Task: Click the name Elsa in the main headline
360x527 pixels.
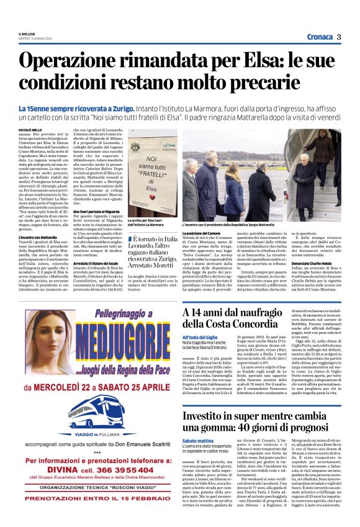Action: coord(228,61)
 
